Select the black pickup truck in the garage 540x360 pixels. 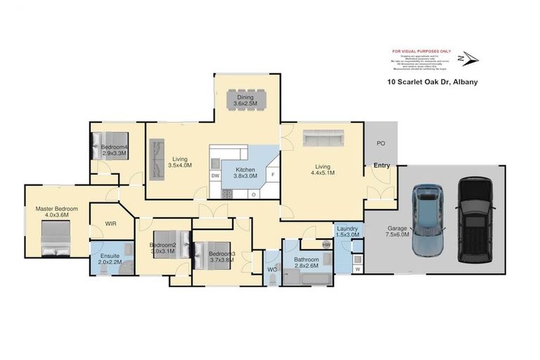tap(472, 218)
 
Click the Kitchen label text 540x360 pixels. tap(245, 169)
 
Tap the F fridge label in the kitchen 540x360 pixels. tap(273, 173)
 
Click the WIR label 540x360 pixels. tap(110, 224)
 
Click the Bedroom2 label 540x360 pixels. tap(162, 245)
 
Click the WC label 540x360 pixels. tap(271, 268)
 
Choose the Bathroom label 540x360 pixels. tap(307, 259)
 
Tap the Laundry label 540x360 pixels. tap(348, 229)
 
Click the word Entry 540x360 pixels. tap(382, 166)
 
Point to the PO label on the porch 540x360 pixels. tap(380, 143)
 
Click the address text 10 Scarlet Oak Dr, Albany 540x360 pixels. tap(432, 82)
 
